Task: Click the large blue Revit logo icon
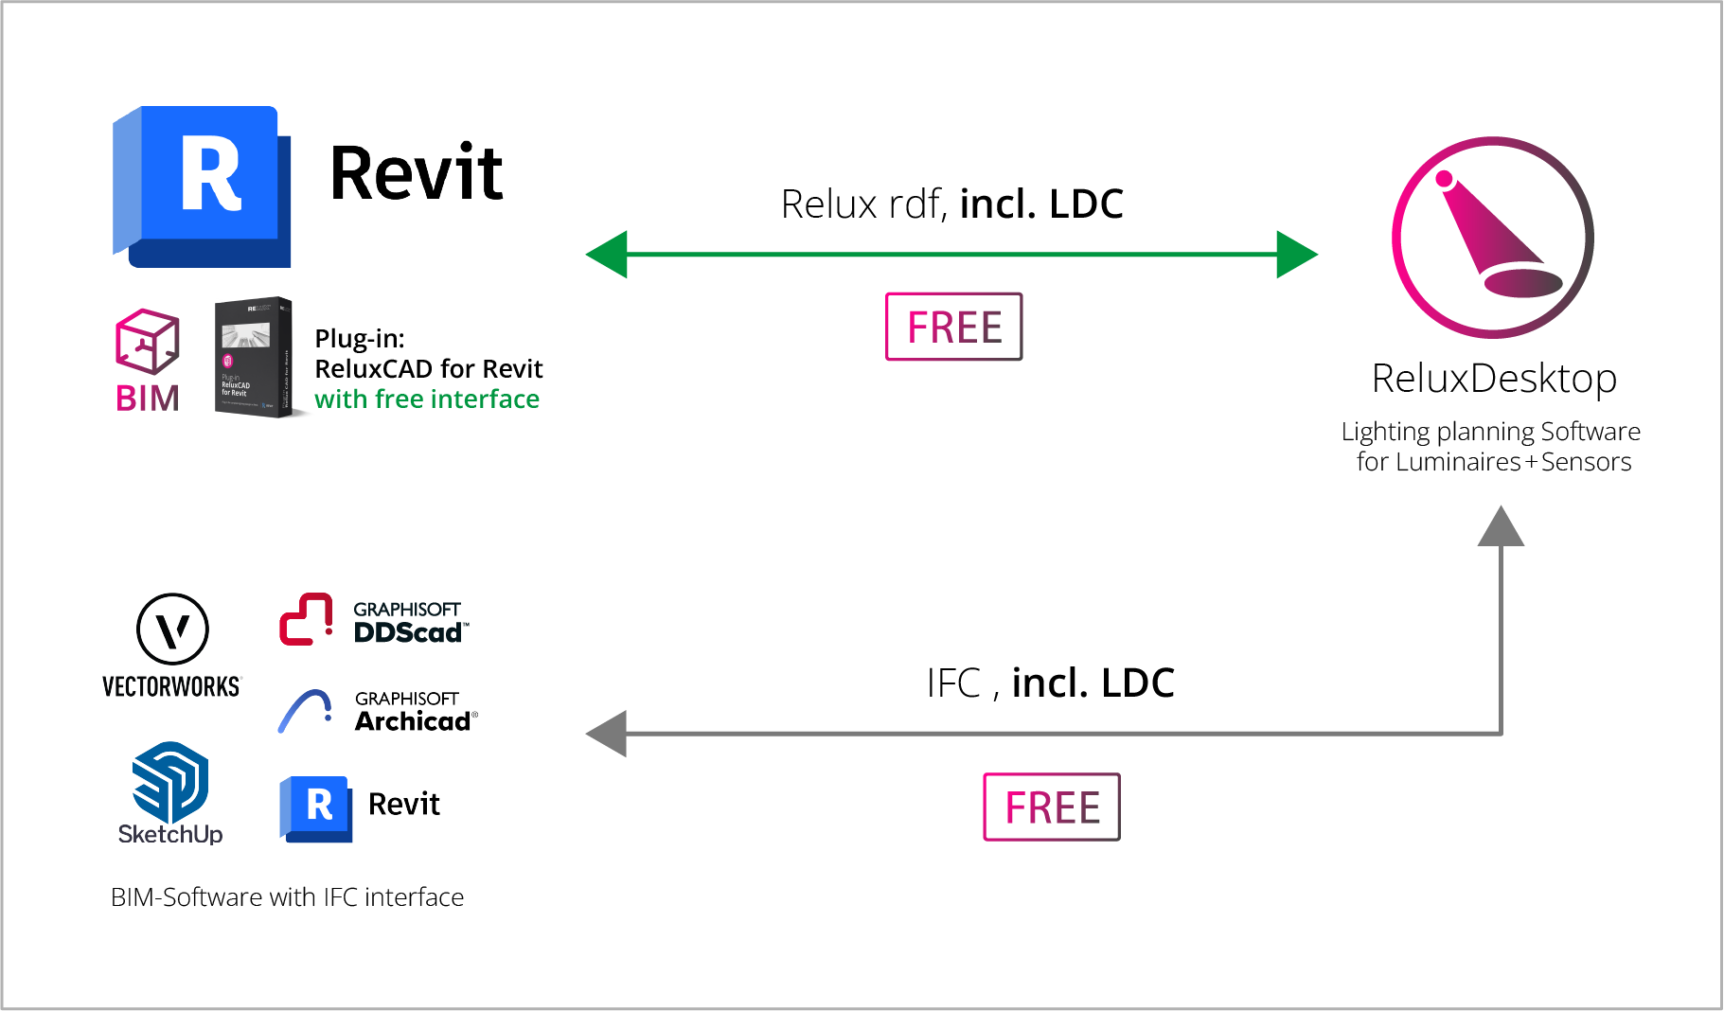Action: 202,186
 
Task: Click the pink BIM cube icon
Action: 147,341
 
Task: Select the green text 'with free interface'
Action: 427,399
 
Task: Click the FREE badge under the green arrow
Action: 953,327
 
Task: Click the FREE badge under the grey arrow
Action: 1051,807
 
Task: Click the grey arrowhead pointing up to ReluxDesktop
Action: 1501,526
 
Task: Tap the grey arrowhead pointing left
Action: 608,734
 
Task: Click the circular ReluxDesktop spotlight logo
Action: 1492,238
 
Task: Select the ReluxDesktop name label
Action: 1494,379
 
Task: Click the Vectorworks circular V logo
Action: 172,629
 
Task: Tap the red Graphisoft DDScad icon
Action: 306,619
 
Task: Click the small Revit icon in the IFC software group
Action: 316,808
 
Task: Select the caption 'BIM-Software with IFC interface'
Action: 287,896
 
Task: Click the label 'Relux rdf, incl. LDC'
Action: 951,204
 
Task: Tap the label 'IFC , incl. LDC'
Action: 1050,683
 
